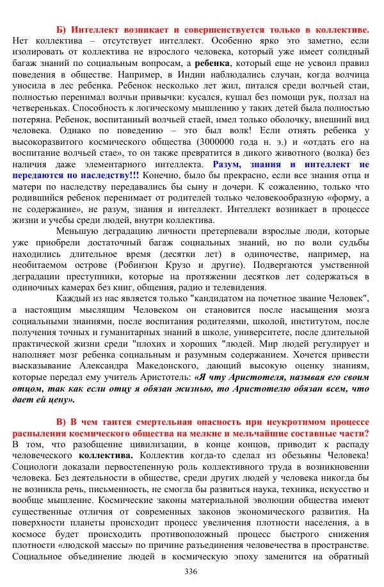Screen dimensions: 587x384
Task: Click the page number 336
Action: [191, 571]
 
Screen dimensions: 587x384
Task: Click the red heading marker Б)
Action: [62, 30]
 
